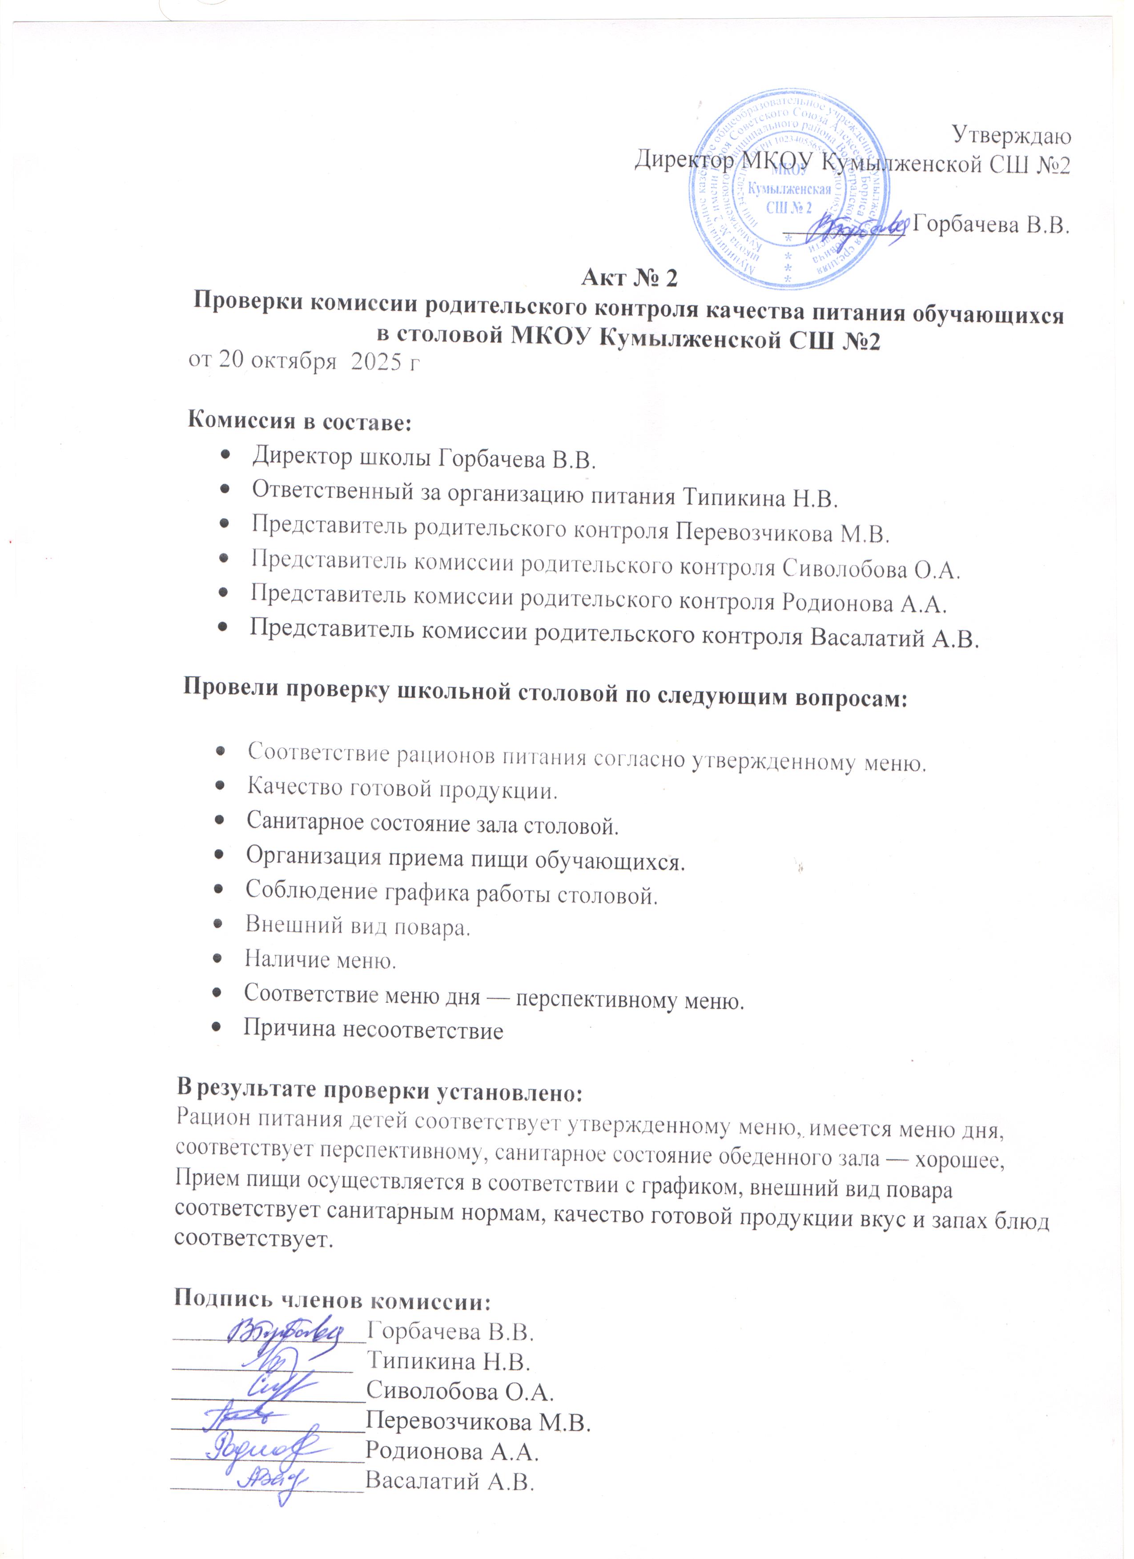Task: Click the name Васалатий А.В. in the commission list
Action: pyautogui.click(x=894, y=638)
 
